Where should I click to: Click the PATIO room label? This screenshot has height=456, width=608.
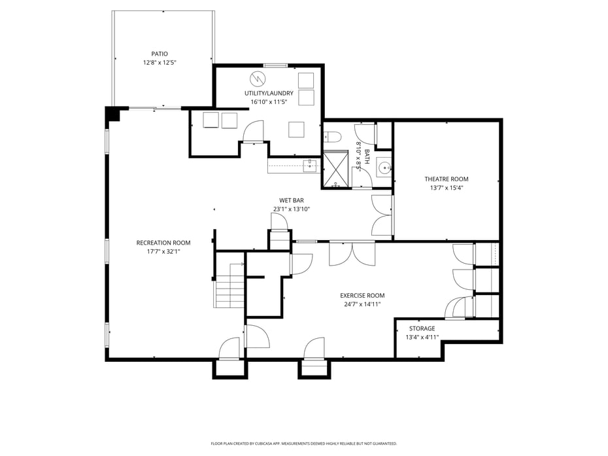(x=160, y=54)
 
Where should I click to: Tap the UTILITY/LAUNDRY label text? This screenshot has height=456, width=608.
(x=269, y=93)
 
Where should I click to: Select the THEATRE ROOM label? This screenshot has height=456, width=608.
(x=447, y=179)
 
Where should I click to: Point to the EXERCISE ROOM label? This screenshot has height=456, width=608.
(x=362, y=295)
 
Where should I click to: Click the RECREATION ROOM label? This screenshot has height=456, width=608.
(x=163, y=243)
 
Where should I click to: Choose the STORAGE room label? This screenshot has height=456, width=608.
(x=422, y=328)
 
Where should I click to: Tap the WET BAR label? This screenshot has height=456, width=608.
(x=291, y=200)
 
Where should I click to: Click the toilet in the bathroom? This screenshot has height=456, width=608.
(x=332, y=137)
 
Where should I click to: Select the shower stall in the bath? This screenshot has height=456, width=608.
(x=337, y=169)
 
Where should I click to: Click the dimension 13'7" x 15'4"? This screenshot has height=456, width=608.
(x=447, y=188)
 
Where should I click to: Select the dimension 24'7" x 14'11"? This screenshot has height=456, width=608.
(x=362, y=304)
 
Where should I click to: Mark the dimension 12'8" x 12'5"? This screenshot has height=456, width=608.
(x=160, y=63)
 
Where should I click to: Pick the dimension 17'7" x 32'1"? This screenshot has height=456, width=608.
(x=163, y=251)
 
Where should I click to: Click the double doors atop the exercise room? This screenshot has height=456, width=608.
(x=352, y=253)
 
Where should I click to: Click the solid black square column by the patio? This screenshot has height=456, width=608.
(x=113, y=114)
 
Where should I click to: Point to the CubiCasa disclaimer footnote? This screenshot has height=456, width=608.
(x=303, y=444)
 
